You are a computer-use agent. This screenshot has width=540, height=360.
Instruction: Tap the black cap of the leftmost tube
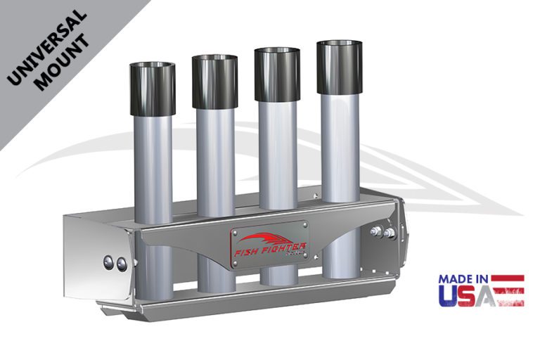pos(152,89)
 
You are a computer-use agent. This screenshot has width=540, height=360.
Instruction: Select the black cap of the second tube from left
pos(214,82)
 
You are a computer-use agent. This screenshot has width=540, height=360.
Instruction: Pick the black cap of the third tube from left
pos(277,75)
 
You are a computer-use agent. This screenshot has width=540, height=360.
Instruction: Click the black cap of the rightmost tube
pos(340,67)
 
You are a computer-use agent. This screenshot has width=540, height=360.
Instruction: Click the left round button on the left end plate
pos(110,263)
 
